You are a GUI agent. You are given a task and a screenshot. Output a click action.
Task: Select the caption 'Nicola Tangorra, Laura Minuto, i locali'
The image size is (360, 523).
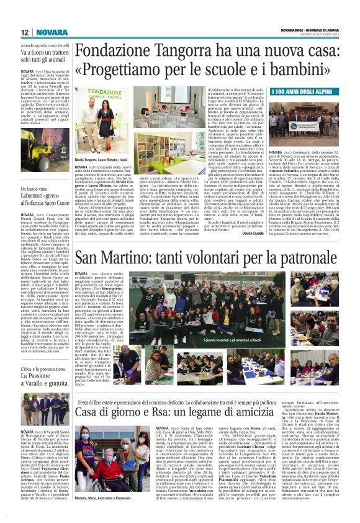coord(101,160)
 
